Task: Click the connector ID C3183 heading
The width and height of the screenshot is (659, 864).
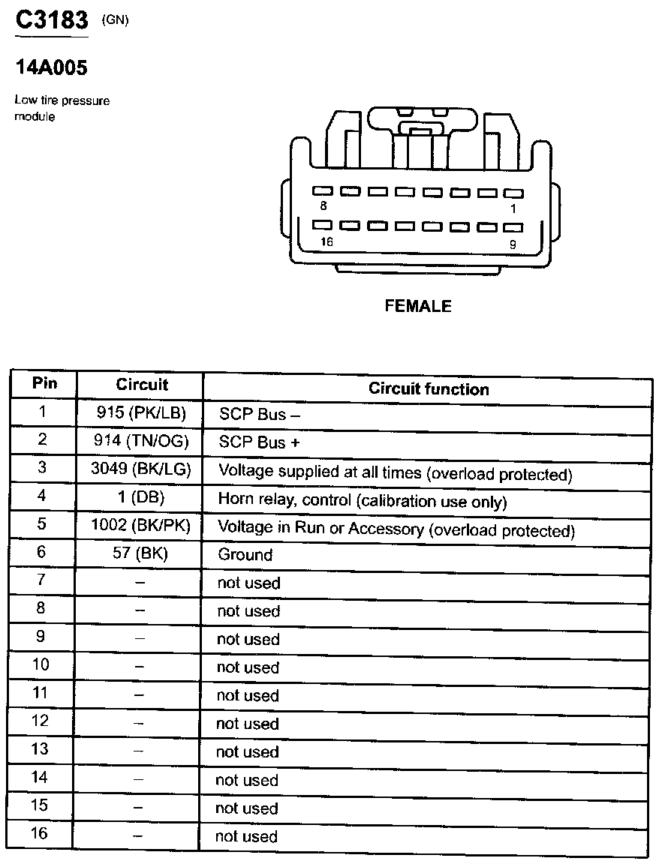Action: click(x=52, y=21)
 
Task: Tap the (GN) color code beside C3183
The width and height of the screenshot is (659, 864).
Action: click(x=115, y=20)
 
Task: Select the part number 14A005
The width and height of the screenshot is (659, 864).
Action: click(x=52, y=68)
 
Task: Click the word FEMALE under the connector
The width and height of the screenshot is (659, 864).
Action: click(x=418, y=306)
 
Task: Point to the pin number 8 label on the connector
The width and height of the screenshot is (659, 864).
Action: click(x=323, y=205)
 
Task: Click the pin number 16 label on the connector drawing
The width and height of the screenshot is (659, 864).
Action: click(x=326, y=241)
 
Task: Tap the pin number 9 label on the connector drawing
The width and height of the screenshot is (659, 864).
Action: click(x=513, y=243)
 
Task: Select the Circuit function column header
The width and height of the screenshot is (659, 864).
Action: click(x=429, y=389)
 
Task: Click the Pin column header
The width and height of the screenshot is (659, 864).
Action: click(x=44, y=384)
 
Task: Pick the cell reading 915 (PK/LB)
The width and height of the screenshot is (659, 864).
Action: click(x=141, y=412)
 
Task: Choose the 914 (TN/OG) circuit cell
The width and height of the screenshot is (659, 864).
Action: click(x=141, y=441)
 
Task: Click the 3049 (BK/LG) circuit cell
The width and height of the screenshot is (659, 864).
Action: click(x=141, y=469)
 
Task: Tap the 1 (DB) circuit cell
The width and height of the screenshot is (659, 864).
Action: click(x=141, y=497)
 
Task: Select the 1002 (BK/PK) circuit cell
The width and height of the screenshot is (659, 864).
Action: click(x=141, y=526)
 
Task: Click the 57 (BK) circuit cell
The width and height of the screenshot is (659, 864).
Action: click(x=141, y=554)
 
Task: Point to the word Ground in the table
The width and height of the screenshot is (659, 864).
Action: click(x=245, y=555)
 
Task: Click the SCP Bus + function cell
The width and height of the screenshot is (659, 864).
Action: click(x=259, y=442)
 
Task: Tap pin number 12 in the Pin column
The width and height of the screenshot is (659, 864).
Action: click(x=40, y=721)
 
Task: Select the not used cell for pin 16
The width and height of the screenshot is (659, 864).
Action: click(x=246, y=836)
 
